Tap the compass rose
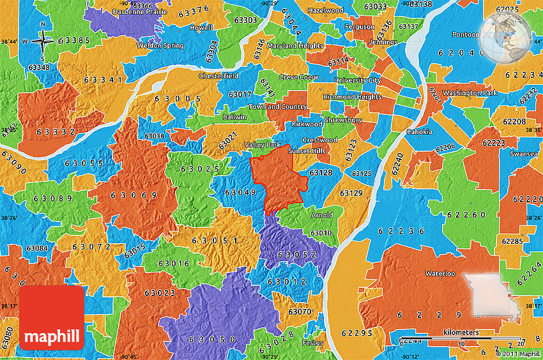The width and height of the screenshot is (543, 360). click(42, 41)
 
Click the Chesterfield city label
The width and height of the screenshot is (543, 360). click(218, 75)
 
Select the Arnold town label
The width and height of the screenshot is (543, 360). click(321, 215)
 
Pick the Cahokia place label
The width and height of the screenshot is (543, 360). click(419, 132)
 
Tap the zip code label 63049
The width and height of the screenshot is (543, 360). click(241, 192)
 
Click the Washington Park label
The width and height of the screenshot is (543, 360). click(470, 93)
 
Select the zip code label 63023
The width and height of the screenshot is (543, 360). click(160, 293)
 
